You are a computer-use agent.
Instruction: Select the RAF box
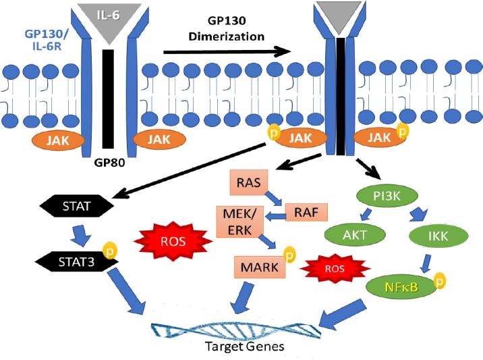click(x=306, y=213)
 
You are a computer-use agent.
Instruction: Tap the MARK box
click(x=259, y=267)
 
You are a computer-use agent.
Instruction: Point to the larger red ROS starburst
click(x=166, y=238)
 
